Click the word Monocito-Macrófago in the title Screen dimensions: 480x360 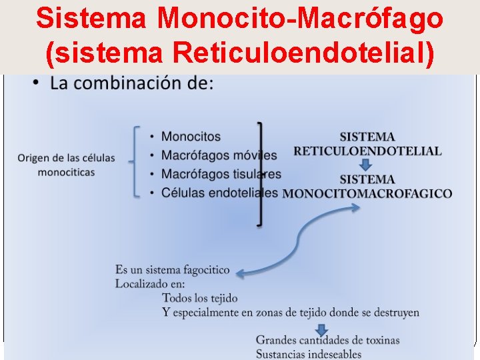coord(301,18)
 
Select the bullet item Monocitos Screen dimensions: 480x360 coord(191,137)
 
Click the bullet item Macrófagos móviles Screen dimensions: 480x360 coord(219,155)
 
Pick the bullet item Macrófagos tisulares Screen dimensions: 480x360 coord(221,174)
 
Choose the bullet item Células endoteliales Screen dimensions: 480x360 coord(219,193)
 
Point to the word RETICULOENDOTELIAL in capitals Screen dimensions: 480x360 coord(367,151)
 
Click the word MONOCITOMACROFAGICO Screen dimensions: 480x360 coord(367,194)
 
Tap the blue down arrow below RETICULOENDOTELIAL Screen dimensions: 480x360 coord(365,164)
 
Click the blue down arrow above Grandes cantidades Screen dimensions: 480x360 coord(321,329)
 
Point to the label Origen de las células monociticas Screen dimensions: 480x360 coord(66,165)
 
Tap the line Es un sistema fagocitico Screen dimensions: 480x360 coord(172,270)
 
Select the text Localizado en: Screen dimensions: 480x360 coord(150,283)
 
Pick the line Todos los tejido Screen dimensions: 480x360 coord(200,297)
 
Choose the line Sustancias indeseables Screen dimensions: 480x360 coord(309,354)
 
